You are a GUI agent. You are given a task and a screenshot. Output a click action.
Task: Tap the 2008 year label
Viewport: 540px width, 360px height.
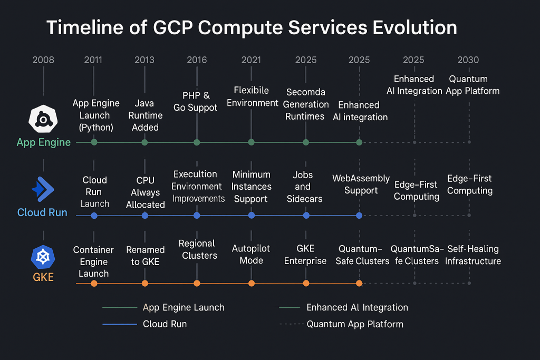43,60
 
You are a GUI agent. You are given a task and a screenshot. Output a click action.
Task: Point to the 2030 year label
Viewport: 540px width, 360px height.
468,60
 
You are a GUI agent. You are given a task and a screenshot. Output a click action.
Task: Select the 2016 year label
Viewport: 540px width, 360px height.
197,60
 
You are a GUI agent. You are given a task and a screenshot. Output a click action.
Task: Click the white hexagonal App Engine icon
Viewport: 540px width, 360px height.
43,119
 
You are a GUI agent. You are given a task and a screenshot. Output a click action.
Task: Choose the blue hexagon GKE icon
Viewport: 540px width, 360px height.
43,257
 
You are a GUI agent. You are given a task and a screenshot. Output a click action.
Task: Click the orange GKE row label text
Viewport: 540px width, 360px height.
43,277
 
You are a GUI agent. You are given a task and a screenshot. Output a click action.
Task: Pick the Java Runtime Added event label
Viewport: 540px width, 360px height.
145,115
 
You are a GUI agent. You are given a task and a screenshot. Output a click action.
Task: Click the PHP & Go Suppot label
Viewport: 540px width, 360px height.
196,102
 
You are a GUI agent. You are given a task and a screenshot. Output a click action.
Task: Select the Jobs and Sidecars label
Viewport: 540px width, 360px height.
303,187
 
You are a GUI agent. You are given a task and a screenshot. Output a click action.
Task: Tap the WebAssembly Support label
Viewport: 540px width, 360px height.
361,184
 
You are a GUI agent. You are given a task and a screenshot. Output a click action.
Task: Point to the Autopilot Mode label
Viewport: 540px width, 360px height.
251,254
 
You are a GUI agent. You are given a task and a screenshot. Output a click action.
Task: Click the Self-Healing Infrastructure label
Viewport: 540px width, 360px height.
472,255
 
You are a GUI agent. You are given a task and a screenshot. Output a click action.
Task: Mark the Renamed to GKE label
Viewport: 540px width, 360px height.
145,256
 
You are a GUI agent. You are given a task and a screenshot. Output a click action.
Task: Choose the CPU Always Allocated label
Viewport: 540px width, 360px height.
145,192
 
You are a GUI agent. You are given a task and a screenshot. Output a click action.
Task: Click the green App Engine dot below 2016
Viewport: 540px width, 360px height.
197,142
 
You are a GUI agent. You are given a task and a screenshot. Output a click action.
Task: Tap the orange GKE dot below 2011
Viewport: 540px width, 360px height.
94,284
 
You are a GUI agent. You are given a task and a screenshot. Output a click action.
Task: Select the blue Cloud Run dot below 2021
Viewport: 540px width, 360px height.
252,216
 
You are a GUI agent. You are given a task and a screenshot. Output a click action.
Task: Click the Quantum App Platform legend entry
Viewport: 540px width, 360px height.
354,324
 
